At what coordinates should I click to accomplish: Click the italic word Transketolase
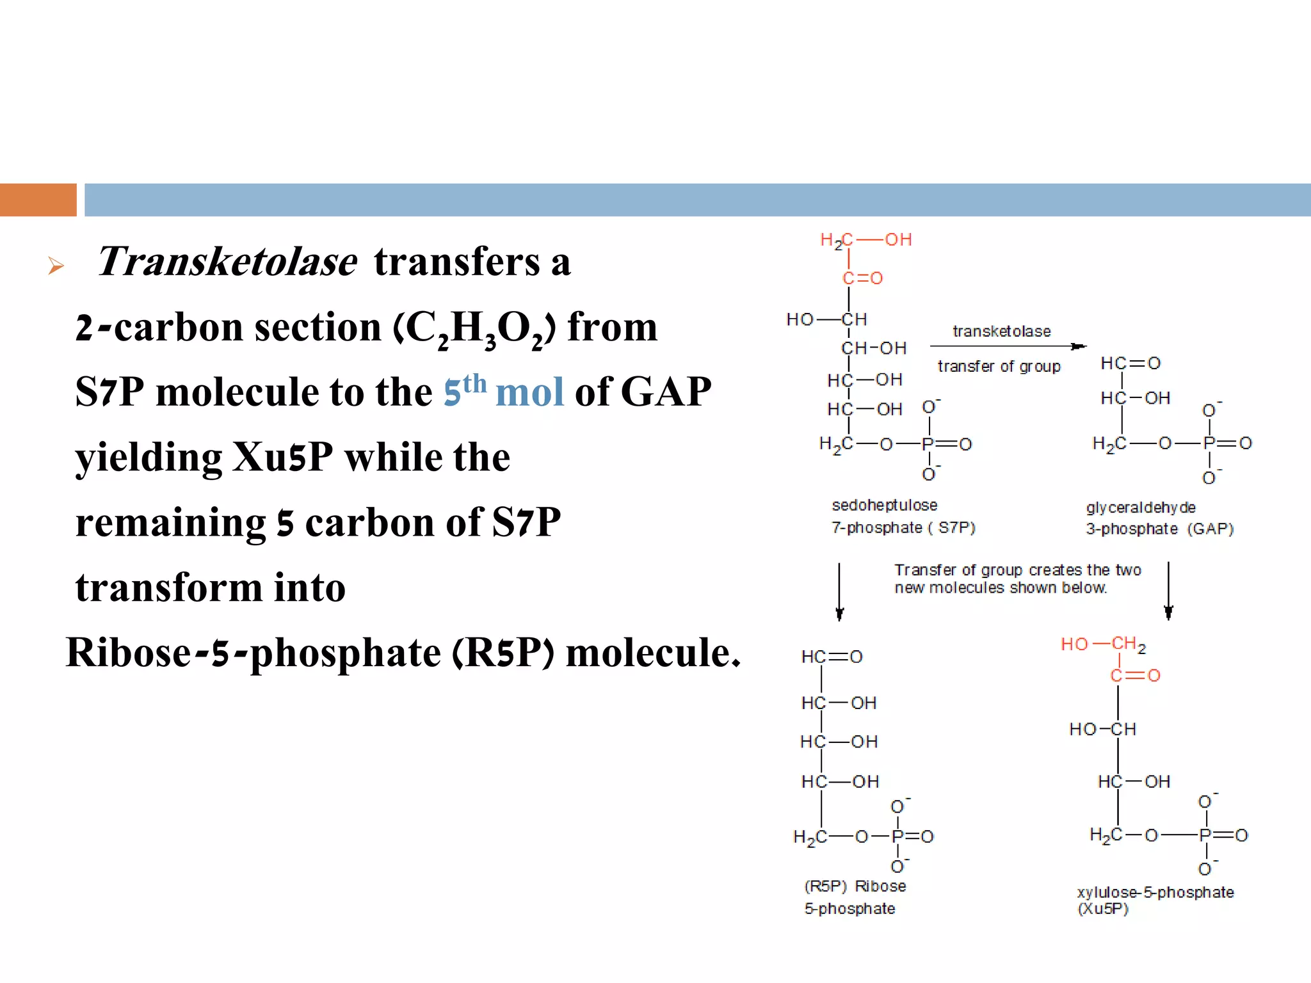coord(227,262)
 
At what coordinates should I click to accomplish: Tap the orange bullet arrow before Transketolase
coord(56,266)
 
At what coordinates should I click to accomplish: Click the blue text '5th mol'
coord(504,390)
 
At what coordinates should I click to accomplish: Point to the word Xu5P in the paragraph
coord(282,457)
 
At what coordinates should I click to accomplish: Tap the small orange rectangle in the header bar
coord(38,200)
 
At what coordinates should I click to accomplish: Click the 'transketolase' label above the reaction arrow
coord(1001,332)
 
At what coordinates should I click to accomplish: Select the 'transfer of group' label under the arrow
coord(999,367)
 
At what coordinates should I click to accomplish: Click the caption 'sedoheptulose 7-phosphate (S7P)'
coord(903,516)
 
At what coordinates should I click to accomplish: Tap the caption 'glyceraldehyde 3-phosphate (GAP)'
coord(1159,518)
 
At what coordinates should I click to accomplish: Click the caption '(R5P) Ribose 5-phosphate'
coord(855,897)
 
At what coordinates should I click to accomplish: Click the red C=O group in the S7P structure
coord(862,278)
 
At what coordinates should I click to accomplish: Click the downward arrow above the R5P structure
coord(839,592)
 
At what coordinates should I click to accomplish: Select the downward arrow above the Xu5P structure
coord(1168,591)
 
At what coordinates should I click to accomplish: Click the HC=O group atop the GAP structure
coord(1130,364)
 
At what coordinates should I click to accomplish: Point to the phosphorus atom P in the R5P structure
coord(897,836)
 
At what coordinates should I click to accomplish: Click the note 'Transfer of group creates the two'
coord(1017,570)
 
